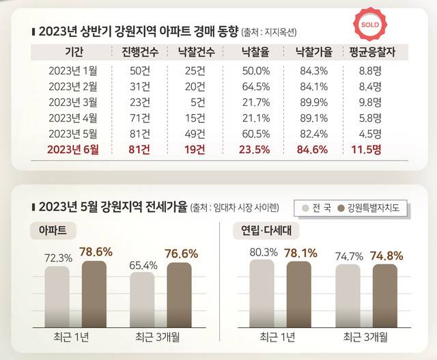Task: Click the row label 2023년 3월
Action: (74, 102)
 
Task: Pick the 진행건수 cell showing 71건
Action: (139, 117)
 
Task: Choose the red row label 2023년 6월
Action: (73, 150)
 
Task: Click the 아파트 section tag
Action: (53, 230)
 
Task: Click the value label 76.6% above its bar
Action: (180, 253)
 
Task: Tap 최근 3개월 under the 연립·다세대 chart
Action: (365, 337)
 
